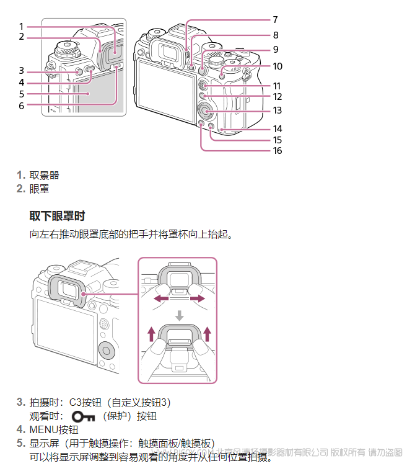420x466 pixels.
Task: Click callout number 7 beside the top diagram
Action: coord(276,20)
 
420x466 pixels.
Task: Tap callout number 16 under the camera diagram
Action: coord(277,151)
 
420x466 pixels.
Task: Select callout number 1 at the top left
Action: coord(21,26)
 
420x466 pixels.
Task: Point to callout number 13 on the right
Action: coord(277,110)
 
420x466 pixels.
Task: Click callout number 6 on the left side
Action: coord(21,105)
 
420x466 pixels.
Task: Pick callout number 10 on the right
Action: coord(277,66)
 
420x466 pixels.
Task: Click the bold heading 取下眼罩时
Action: coord(57,216)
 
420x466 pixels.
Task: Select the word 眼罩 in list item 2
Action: coord(40,189)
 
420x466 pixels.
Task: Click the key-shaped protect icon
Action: coord(86,416)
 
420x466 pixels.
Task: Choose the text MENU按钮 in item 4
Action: coord(54,429)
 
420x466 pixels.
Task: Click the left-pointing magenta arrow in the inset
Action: coord(160,299)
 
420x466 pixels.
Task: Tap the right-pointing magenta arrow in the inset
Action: coord(197,299)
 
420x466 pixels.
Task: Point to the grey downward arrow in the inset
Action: coord(179,315)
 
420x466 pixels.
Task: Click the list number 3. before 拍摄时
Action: coord(20,402)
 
